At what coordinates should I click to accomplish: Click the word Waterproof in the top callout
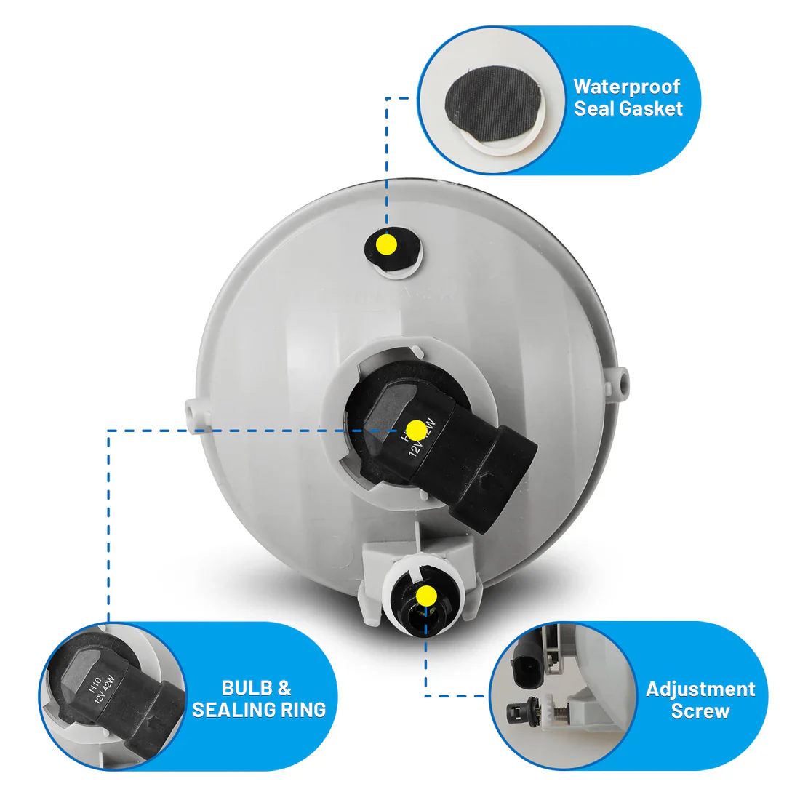[x=626, y=87]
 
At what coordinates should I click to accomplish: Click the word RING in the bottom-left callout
[x=305, y=710]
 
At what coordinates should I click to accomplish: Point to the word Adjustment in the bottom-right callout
[x=700, y=689]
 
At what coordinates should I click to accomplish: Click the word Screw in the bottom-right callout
[x=700, y=711]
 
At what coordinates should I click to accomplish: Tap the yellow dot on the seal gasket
[x=387, y=244]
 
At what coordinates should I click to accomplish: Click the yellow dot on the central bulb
[x=416, y=431]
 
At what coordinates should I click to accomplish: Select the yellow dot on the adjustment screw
[x=426, y=596]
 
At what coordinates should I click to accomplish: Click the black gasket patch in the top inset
[x=492, y=103]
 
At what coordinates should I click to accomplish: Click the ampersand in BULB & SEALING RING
[x=284, y=688]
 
